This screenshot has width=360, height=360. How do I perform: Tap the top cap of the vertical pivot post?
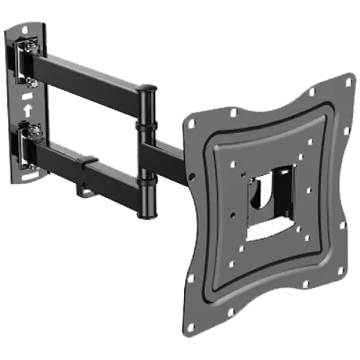[x=146, y=89]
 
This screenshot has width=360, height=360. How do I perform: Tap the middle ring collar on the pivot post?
[x=146, y=129]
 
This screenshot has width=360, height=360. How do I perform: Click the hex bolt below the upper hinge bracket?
[x=28, y=80]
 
